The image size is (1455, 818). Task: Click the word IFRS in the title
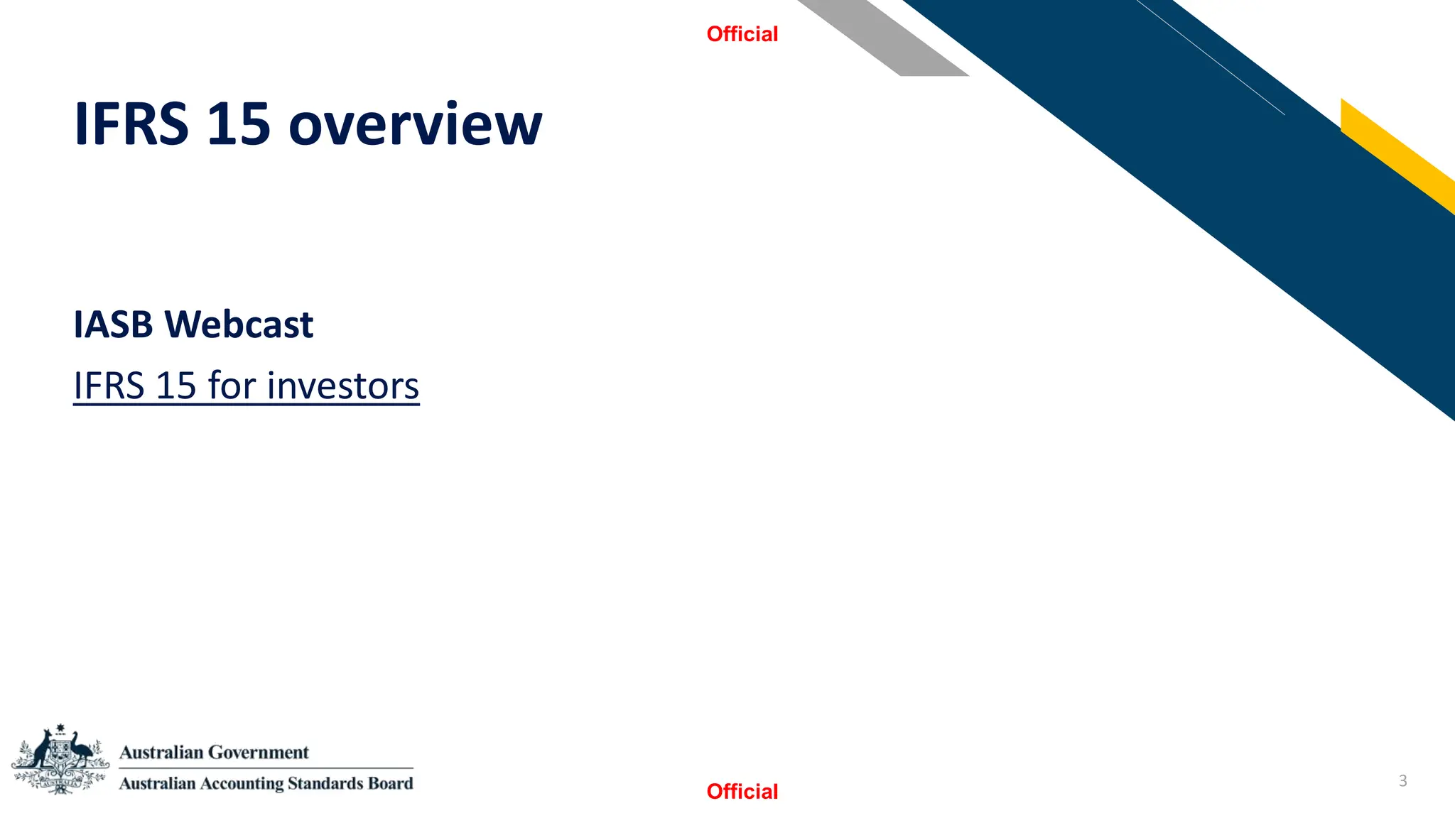click(131, 124)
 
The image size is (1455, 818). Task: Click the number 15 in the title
click(239, 124)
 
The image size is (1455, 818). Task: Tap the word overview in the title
click(415, 126)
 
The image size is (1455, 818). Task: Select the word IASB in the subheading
click(113, 325)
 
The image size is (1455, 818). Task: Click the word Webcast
click(239, 325)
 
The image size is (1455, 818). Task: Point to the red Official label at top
click(742, 34)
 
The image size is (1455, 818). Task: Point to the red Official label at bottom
click(742, 791)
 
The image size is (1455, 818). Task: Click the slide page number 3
click(1402, 780)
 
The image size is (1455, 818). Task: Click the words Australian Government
click(214, 752)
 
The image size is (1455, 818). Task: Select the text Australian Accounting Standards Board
click(266, 783)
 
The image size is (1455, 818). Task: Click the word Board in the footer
click(391, 783)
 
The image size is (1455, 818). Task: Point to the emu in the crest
click(82, 750)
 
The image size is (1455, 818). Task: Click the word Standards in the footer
click(319, 783)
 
